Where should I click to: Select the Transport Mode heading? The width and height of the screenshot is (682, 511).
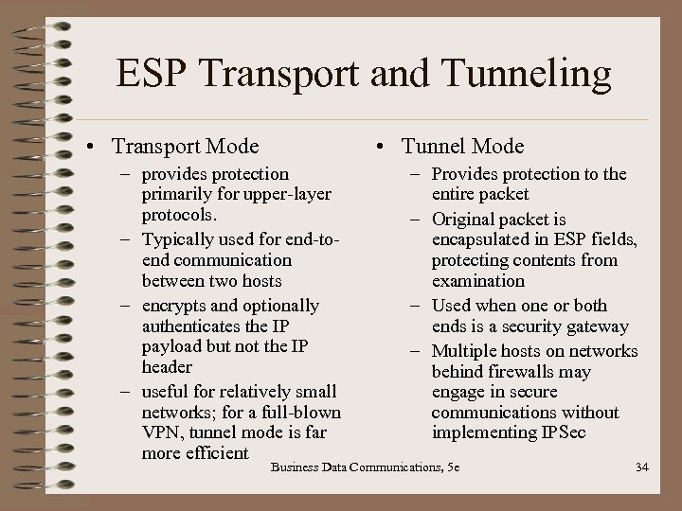click(185, 147)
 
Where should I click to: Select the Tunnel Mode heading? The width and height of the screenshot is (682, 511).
click(462, 147)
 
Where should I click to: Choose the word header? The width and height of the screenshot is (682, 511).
click(167, 367)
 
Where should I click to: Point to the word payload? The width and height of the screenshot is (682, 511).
click(171, 346)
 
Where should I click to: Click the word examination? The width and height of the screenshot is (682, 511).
click(477, 281)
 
